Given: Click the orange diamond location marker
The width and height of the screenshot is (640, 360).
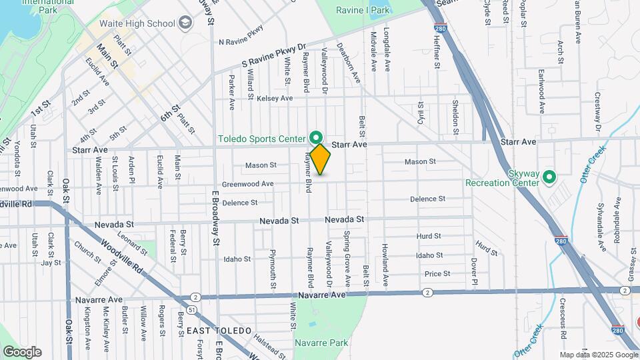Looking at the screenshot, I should coord(320,159).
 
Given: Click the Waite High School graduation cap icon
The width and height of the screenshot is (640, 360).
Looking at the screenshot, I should coord(185,23).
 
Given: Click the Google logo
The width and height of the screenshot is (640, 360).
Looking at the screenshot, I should coord(22,351).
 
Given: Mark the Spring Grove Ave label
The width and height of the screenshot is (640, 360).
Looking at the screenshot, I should coord(347,250).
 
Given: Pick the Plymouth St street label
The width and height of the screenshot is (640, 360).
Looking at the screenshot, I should coord(272,270).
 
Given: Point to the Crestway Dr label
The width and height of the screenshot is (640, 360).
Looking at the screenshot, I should coord(598,117).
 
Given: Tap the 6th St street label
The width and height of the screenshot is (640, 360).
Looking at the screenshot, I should coord(170,113).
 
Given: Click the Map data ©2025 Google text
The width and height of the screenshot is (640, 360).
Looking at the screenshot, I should coord(597,355).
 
